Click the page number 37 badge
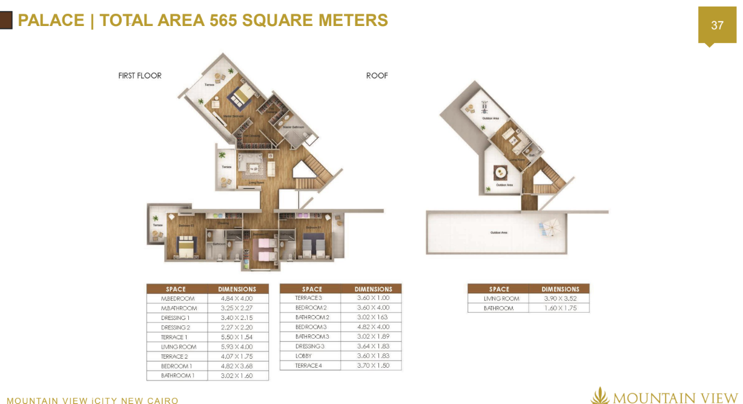(x=717, y=25)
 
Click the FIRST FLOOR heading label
(x=140, y=76)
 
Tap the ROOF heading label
(x=377, y=76)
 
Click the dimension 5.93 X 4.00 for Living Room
(x=237, y=347)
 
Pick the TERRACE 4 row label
(x=309, y=366)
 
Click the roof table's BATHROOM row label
(x=498, y=308)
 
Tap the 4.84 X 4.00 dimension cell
(x=237, y=299)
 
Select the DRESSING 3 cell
(x=309, y=347)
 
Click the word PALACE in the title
(x=51, y=21)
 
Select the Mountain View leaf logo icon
(x=599, y=396)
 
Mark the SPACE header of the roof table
(x=498, y=289)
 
